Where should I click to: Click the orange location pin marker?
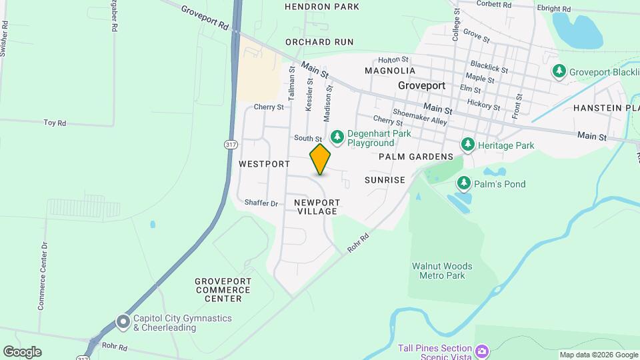(320, 159)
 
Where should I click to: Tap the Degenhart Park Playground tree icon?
(337, 137)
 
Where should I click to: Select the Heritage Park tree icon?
(468, 145)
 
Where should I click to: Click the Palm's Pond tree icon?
(463, 183)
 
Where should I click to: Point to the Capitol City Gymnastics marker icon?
(123, 322)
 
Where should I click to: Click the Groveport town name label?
(421, 85)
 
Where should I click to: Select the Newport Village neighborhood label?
(317, 207)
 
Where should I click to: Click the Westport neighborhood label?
(264, 163)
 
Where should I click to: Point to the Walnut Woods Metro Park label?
(442, 271)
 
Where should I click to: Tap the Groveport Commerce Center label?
(223, 290)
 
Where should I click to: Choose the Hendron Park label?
(321, 7)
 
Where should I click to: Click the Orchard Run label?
(319, 42)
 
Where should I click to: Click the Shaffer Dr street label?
(261, 203)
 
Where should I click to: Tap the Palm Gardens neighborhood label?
(415, 157)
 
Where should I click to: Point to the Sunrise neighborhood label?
(385, 180)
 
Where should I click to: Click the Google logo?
(21, 352)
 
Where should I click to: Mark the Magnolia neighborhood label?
(390, 71)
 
